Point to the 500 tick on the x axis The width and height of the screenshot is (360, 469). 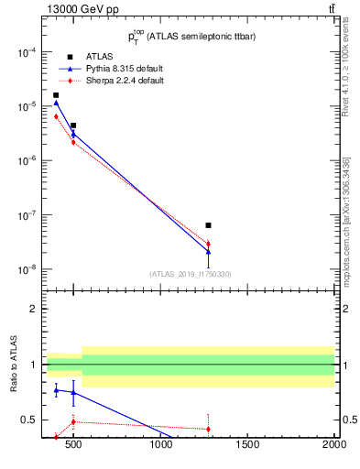tap(73, 446)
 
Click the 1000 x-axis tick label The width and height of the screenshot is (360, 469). tap(160, 446)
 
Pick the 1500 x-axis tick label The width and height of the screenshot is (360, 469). tap(247, 446)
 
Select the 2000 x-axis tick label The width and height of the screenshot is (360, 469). tap(334, 446)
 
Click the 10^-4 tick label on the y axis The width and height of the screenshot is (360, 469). tap(23, 52)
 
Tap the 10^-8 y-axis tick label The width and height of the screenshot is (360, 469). tap(23, 270)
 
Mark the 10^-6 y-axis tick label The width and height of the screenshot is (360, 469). tap(23, 161)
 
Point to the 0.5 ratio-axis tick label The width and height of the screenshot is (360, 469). tap(27, 420)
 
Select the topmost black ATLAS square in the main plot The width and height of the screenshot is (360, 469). tap(56, 95)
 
